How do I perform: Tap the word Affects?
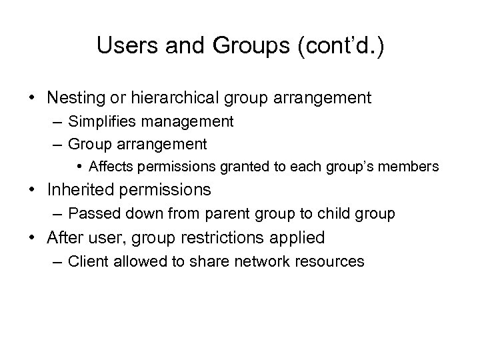pos(111,166)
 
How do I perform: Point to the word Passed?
pos(91,214)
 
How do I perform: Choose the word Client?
pos(88,261)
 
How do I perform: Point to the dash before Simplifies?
pos(58,122)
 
